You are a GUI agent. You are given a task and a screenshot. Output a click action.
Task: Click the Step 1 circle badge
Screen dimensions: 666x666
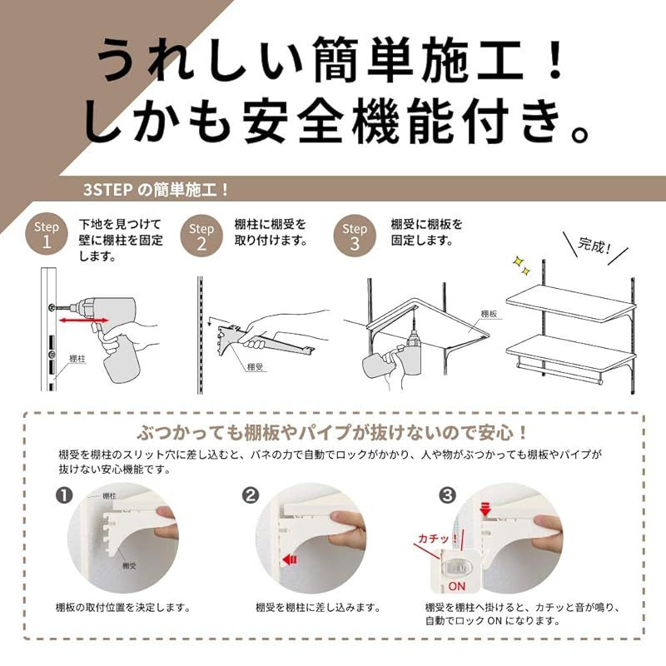47,236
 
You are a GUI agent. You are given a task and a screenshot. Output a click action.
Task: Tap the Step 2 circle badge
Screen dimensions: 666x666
201,236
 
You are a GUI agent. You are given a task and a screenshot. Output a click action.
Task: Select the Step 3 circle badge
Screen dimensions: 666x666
355,236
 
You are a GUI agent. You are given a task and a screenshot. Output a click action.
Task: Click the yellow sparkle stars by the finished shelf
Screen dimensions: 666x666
521,265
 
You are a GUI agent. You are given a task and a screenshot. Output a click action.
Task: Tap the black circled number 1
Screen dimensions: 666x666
65,495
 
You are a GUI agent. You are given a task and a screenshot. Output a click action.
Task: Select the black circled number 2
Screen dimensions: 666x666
251,495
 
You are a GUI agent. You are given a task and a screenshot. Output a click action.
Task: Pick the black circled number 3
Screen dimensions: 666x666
448,495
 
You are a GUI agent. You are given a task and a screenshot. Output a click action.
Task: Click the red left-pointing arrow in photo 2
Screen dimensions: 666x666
291,560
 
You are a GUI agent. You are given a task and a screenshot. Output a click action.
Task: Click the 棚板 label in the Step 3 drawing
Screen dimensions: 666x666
490,314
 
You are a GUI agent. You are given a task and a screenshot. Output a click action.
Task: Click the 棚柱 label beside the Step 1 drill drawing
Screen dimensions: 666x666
77,359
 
